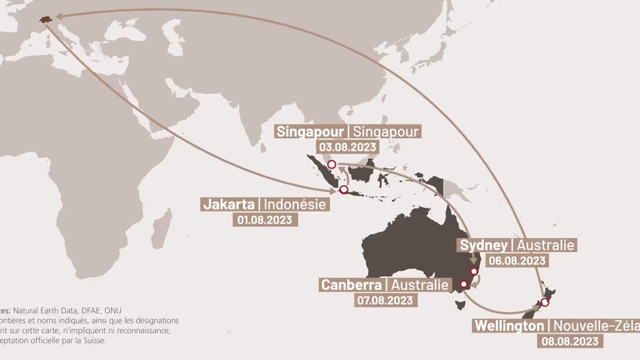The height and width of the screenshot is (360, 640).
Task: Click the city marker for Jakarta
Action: click(343, 189)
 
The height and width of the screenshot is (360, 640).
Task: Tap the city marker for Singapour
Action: click(332, 164)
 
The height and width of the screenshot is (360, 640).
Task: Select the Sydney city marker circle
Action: click(474, 271)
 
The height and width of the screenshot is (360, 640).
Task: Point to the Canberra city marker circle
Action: click(464, 284)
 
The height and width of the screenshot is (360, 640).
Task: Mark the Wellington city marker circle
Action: click(545, 302)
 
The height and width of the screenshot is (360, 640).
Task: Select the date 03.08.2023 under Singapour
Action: click(348, 147)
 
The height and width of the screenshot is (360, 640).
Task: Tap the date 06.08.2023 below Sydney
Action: click(517, 260)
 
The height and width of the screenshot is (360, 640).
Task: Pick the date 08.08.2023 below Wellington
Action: click(569, 341)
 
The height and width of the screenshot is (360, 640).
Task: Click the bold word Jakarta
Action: click(229, 204)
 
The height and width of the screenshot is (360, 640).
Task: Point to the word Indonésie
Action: click(294, 204)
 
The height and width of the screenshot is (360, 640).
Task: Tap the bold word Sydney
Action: click(484, 245)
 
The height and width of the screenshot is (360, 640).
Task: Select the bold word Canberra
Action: click(351, 285)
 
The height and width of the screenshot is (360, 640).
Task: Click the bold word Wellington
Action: click(509, 326)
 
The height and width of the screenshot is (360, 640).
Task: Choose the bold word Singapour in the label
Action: click(310, 132)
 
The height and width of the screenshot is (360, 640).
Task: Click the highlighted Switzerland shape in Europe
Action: click(45, 20)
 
